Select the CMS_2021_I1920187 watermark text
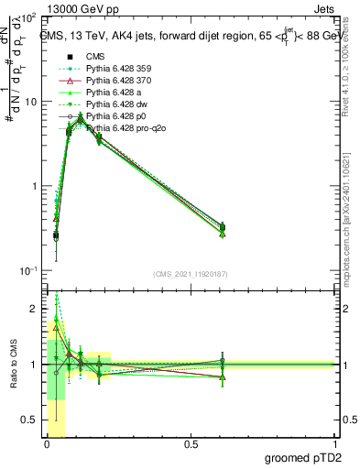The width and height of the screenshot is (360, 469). pyautogui.click(x=191, y=274)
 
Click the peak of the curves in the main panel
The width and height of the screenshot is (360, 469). pyautogui.click(x=81, y=116)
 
